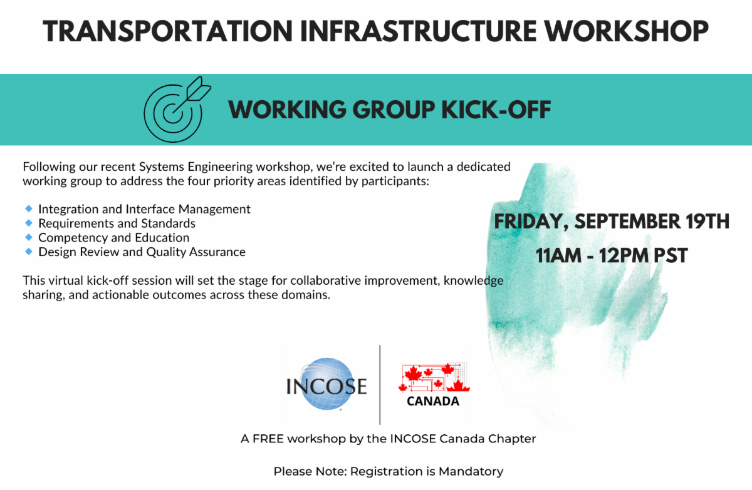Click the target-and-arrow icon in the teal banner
point(177,110)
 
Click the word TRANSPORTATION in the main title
point(168,31)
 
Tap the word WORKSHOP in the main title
point(627,31)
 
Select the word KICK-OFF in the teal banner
point(496,110)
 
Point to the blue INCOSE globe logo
point(326,384)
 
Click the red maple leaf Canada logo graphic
point(434,377)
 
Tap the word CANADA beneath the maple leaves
point(433,401)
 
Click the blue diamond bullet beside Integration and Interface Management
point(29,209)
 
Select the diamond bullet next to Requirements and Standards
point(29,223)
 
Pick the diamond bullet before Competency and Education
point(29,237)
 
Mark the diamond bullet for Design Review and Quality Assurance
point(29,252)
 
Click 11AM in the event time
point(558,255)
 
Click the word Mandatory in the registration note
point(471,472)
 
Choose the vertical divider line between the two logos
point(380,385)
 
